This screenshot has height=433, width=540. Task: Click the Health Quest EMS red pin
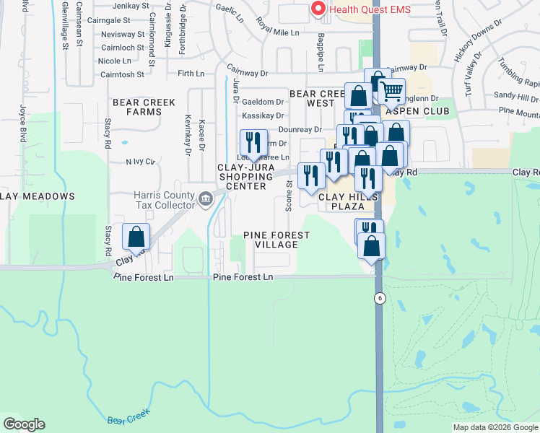(316, 9)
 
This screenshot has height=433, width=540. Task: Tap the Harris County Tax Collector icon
(206, 198)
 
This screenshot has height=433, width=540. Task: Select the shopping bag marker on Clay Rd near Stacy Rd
(136, 237)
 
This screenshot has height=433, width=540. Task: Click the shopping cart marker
(391, 91)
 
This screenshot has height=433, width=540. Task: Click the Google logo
(24, 424)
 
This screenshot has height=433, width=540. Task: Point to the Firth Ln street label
(191, 74)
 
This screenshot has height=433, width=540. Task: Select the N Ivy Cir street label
(140, 162)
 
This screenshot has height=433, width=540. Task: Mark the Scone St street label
(289, 196)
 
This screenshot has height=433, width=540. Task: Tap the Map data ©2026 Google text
(495, 427)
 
